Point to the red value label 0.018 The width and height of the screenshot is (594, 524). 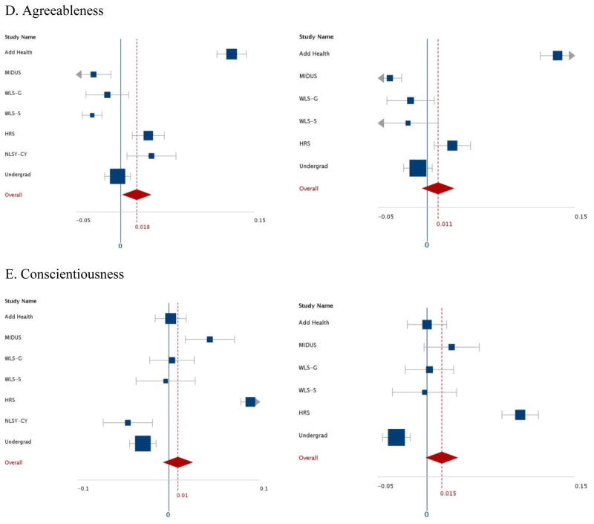pos(143,227)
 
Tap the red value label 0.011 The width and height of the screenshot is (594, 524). pos(444,224)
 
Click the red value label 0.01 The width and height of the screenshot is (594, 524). pos(182,495)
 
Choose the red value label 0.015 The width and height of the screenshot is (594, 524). pos(448,493)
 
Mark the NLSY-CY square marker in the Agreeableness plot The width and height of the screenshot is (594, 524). pos(151,156)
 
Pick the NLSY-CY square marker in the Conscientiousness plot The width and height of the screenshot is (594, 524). pos(128,422)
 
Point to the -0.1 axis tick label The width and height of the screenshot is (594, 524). pos(83,488)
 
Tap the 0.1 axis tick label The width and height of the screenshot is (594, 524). pos(263,488)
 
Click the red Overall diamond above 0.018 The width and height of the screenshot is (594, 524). pos(137,195)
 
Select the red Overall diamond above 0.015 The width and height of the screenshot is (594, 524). pos(442,457)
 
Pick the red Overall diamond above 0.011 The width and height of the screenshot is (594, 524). pos(438,188)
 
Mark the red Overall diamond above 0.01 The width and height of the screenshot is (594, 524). pos(178,462)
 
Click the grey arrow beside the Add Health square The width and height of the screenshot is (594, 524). pos(571,56)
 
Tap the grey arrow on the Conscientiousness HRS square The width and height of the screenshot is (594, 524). pos(258,401)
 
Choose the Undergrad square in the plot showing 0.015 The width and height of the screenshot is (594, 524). pos(396,437)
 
